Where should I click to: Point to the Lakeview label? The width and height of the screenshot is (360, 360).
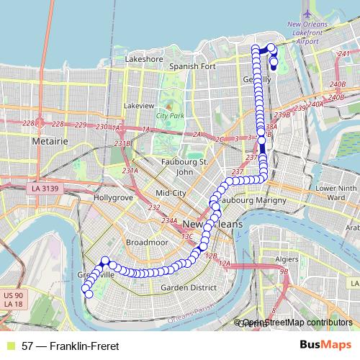139,105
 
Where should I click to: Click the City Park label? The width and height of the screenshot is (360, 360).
170,116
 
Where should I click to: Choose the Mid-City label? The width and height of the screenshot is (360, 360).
171,194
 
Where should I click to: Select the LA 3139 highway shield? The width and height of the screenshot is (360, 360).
45,189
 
